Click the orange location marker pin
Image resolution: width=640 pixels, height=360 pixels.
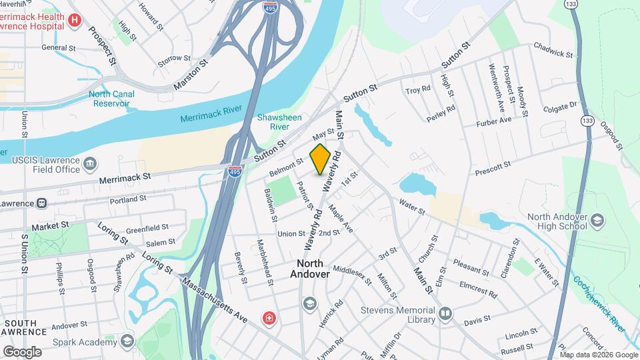coord(321,159)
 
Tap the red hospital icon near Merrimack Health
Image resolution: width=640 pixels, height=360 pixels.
coord(74,21)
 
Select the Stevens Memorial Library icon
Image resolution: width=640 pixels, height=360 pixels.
coord(445,313)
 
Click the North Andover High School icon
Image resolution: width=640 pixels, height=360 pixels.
coord(597,221)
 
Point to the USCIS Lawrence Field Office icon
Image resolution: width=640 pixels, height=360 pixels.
coord(89,163)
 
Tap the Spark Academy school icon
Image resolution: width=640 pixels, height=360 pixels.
coord(127,341)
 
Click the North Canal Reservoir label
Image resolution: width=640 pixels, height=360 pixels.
coord(111,99)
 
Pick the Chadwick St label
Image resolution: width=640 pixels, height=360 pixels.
coord(553,49)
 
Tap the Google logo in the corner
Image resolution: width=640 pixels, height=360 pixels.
coord(22,351)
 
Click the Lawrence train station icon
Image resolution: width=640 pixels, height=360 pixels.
coord(41,203)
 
